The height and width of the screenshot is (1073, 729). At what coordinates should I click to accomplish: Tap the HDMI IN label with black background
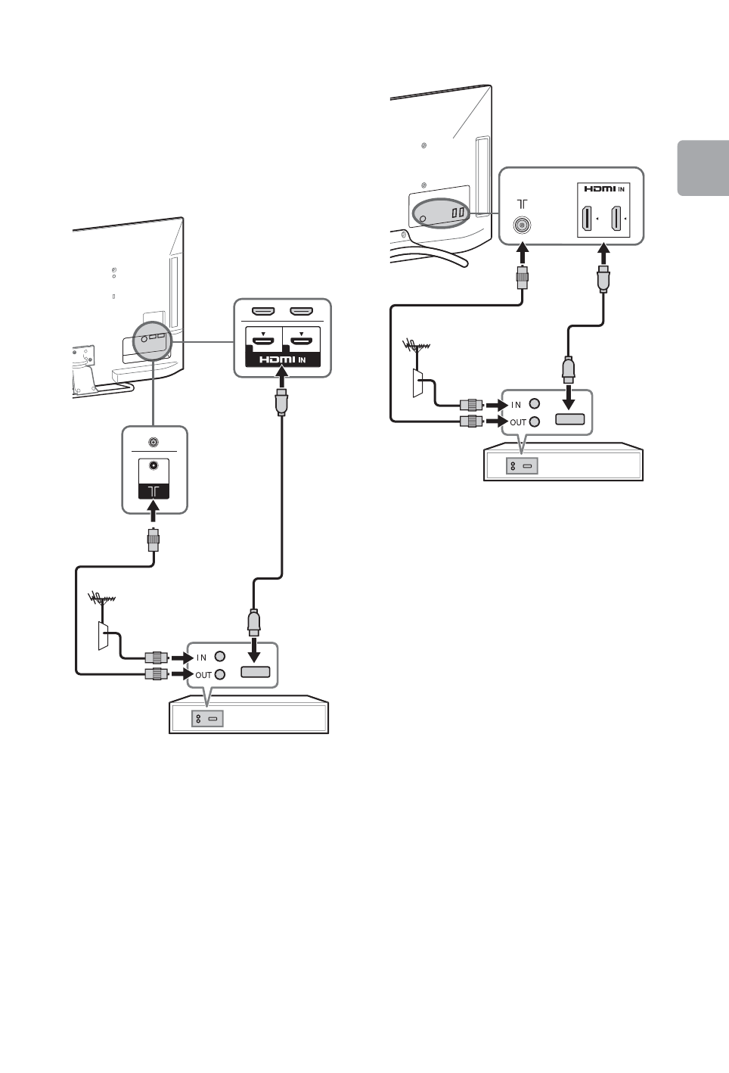[x=283, y=359]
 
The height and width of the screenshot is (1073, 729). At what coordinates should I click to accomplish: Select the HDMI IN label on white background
[x=604, y=188]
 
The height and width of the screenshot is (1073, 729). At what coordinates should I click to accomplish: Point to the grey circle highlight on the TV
[x=152, y=337]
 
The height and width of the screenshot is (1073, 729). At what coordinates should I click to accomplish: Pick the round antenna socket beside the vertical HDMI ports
[x=520, y=225]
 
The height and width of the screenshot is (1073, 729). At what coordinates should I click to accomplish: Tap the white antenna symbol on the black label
[x=154, y=491]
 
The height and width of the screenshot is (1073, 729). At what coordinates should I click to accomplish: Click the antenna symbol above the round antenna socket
[x=521, y=204]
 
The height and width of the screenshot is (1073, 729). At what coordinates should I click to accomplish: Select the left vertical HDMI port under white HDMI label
[x=586, y=219]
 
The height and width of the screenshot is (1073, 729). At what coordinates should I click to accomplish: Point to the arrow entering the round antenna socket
[x=521, y=253]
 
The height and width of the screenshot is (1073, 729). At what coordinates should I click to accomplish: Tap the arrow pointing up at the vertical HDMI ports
[x=603, y=253]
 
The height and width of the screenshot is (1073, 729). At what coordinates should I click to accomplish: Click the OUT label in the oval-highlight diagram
[x=518, y=422]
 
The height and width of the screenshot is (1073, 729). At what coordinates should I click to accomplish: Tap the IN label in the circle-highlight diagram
[x=202, y=658]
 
